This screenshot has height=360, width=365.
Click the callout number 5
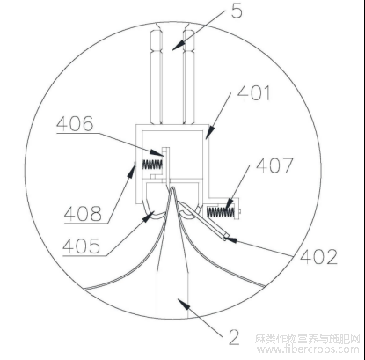click(237, 11)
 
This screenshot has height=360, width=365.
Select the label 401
click(253, 93)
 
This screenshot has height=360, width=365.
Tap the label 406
click(75, 123)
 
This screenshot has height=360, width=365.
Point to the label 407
click(274, 165)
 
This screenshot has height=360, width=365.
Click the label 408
click(83, 213)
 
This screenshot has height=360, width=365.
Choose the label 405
click(82, 246)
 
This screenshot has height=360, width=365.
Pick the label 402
click(318, 257)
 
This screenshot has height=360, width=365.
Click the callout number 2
click(234, 338)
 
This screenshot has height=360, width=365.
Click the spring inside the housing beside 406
click(152, 165)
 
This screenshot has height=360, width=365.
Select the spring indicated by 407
click(221, 212)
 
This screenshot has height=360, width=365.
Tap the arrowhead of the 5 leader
click(179, 46)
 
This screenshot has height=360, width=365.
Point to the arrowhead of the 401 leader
click(209, 132)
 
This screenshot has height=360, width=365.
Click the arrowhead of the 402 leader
click(230, 239)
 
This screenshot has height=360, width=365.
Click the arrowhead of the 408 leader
click(132, 171)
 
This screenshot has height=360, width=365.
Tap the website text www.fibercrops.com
click(308, 349)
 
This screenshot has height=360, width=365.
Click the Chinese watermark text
click(308, 339)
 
